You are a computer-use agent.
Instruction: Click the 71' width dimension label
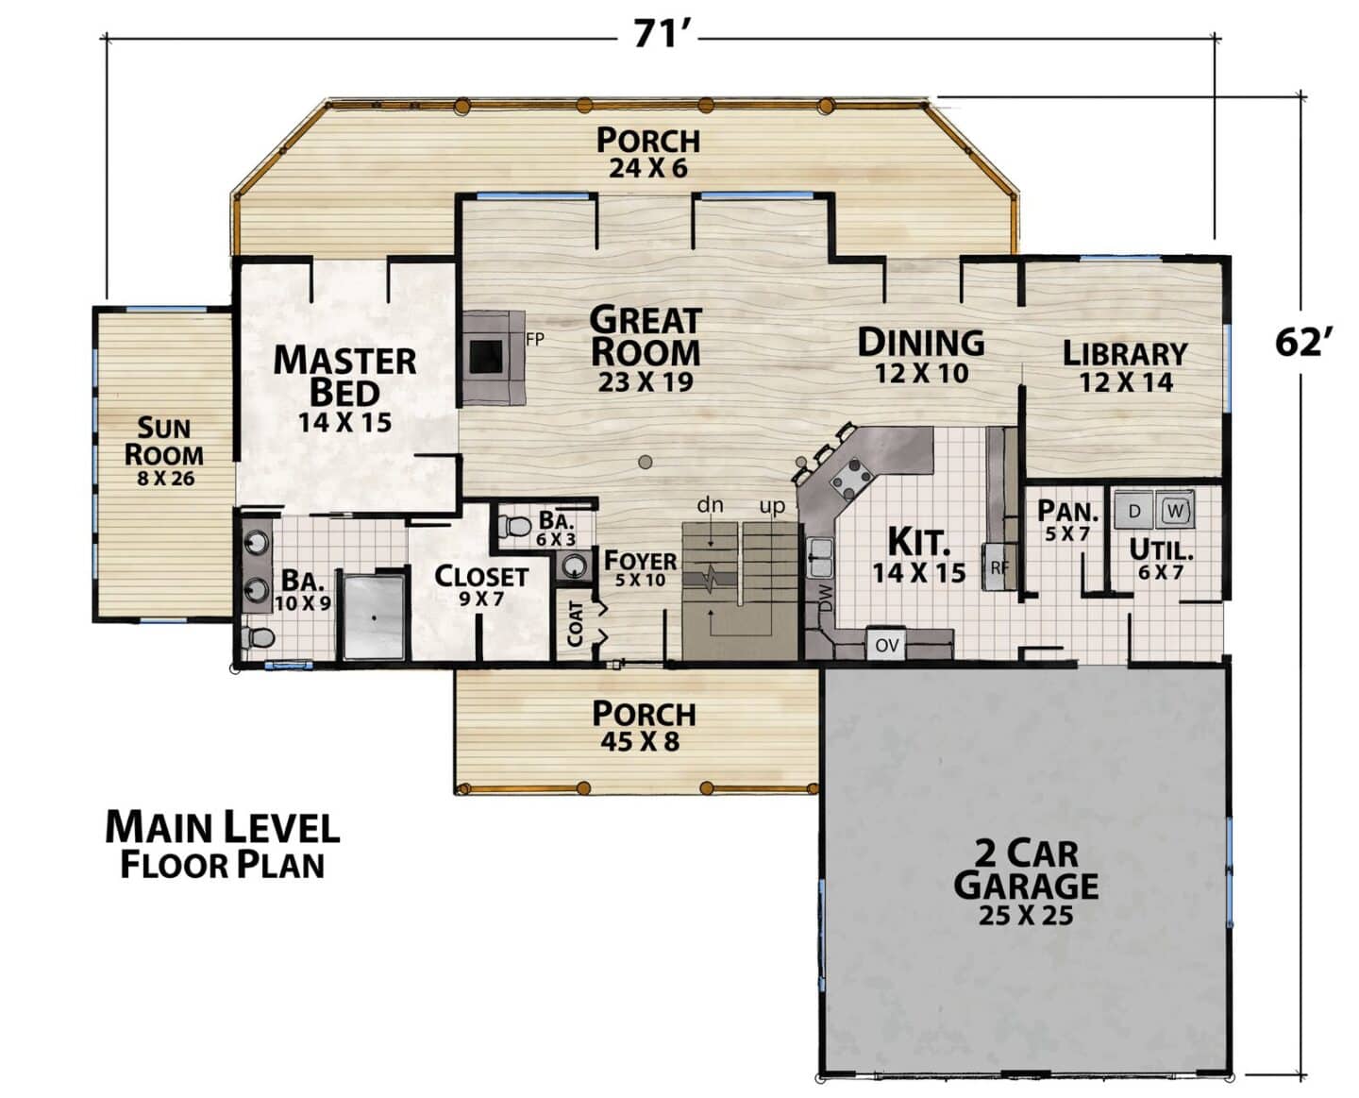point(658,34)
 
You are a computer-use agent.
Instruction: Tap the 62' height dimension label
point(1303,343)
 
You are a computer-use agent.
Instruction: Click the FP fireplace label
point(535,340)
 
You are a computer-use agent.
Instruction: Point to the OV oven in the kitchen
point(886,645)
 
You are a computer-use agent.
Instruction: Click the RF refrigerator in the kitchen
point(999,566)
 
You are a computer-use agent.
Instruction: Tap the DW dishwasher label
point(826,599)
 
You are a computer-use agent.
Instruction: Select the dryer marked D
point(1133,510)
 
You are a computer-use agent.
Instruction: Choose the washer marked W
point(1175,510)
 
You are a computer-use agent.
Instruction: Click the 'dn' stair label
point(710,505)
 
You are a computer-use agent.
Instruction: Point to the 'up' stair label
point(772,507)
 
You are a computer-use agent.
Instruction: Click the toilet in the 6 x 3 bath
point(514,527)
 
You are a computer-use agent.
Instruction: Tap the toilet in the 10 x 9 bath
point(259,637)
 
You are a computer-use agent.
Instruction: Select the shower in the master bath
point(374,617)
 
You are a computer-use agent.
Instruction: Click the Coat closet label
point(575,623)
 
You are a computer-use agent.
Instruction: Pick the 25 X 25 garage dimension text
point(1026,916)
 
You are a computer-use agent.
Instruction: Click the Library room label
point(1125,354)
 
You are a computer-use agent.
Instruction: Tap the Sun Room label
point(164,442)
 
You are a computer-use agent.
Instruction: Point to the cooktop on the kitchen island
point(851,479)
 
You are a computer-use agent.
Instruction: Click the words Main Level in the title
point(223,828)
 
